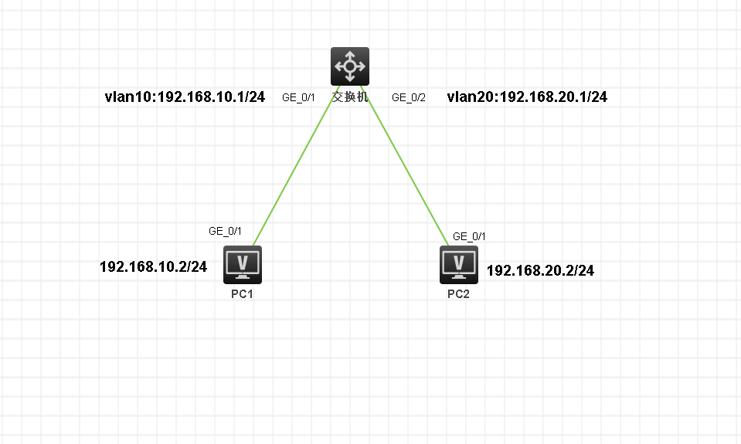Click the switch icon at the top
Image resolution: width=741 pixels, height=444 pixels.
pyautogui.click(x=349, y=66)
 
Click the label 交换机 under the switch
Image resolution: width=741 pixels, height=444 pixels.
pyautogui.click(x=350, y=98)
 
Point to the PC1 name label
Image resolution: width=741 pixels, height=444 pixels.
pyautogui.click(x=242, y=294)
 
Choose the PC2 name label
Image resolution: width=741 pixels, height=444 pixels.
pyautogui.click(x=458, y=294)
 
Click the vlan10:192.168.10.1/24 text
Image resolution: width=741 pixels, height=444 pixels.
pyautogui.click(x=185, y=97)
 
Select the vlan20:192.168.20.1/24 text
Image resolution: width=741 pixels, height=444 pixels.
pyautogui.click(x=527, y=97)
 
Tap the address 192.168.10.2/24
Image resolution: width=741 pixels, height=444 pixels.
pyautogui.click(x=153, y=267)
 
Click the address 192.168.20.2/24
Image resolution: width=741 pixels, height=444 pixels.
pyautogui.click(x=540, y=271)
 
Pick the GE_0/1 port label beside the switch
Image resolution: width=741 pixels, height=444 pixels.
pyautogui.click(x=298, y=98)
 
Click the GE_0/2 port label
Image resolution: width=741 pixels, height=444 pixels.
pyautogui.click(x=409, y=98)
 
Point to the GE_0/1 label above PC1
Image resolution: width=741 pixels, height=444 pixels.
pyautogui.click(x=226, y=231)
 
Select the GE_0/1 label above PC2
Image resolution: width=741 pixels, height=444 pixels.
pyautogui.click(x=469, y=236)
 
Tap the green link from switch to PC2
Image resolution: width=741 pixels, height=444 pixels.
pyautogui.click(x=406, y=166)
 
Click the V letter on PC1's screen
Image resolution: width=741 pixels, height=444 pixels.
pyautogui.click(x=242, y=260)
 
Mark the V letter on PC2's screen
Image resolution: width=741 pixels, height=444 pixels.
pyautogui.click(x=459, y=260)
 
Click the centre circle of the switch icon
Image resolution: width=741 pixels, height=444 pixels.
pyautogui.click(x=349, y=66)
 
